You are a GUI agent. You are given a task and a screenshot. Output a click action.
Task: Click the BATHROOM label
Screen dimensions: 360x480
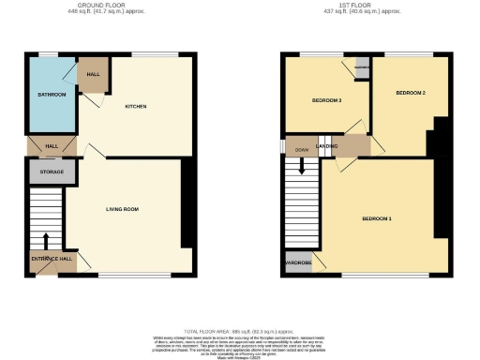(52, 95)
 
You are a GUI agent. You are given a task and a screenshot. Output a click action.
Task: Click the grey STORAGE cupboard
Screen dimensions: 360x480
(51, 172)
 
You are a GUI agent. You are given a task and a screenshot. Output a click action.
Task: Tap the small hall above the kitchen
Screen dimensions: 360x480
(94, 75)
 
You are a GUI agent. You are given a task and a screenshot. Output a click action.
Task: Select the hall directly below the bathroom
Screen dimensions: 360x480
(52, 145)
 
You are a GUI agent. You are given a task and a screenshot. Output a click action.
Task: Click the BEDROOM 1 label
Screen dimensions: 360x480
(377, 218)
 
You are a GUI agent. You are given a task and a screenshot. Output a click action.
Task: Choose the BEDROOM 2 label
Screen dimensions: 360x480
(411, 94)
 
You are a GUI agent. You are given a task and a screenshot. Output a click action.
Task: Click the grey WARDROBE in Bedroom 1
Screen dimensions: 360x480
(298, 262)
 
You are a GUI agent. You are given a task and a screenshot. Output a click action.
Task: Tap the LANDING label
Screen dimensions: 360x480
(327, 147)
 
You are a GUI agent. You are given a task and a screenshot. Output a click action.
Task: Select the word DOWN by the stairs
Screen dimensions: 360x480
(302, 150)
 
